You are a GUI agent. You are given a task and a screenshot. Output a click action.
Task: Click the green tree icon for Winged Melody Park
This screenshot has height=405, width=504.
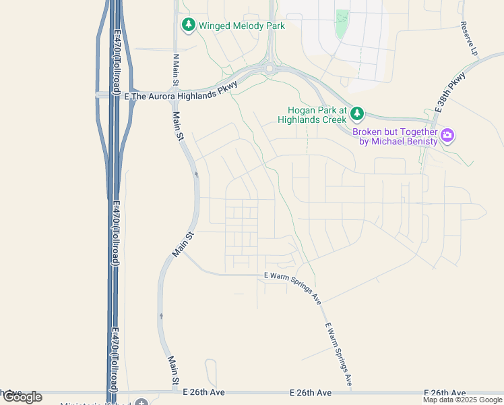click(x=189, y=26)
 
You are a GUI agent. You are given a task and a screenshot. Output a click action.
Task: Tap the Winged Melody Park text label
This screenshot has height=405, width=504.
click(x=242, y=26)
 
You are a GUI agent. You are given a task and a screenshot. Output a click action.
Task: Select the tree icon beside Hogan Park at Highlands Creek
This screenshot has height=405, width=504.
click(x=357, y=113)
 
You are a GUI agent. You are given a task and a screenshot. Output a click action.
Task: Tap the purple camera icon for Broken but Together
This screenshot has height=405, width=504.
click(x=447, y=136)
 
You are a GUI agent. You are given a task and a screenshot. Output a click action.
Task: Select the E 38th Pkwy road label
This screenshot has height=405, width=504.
click(x=450, y=92)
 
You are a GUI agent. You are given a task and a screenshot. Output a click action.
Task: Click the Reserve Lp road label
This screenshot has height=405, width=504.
click(x=469, y=38)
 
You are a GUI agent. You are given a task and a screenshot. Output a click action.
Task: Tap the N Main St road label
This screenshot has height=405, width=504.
click(x=175, y=70)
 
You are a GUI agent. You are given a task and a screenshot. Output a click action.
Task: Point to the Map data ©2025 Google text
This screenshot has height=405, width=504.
click(x=462, y=400)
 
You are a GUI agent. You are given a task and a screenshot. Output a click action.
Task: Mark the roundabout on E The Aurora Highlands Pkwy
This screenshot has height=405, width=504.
click(x=270, y=68)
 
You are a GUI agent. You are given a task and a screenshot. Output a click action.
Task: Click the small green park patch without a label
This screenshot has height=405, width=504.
click(x=342, y=24)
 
